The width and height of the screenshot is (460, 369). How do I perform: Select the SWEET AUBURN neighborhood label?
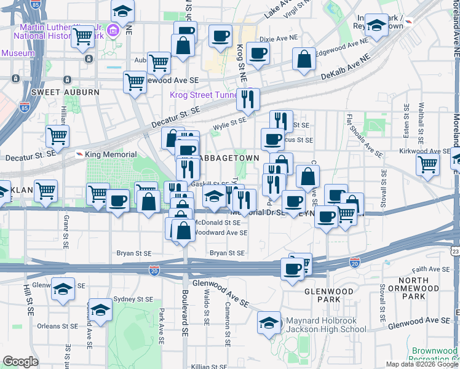click(x=65, y=92)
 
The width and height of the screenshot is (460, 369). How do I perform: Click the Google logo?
click(x=20, y=362)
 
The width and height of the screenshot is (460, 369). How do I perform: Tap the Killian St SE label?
click(x=210, y=366)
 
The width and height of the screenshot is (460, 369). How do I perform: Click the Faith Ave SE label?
click(x=429, y=269)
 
